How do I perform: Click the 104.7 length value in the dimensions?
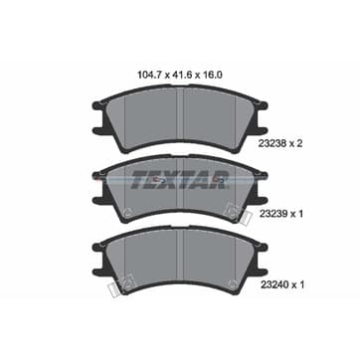149,75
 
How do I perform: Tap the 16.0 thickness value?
213,75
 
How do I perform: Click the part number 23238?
271,144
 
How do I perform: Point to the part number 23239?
271,214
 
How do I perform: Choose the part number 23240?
271,284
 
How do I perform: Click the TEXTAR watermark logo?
180,180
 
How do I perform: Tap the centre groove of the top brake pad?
180,118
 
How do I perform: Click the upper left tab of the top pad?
98,105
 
